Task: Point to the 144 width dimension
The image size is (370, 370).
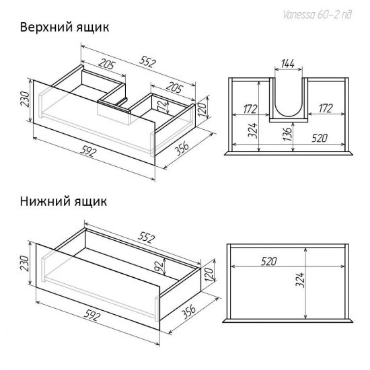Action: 288,65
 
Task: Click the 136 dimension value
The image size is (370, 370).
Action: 288,134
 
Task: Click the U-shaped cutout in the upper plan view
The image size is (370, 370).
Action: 289,101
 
